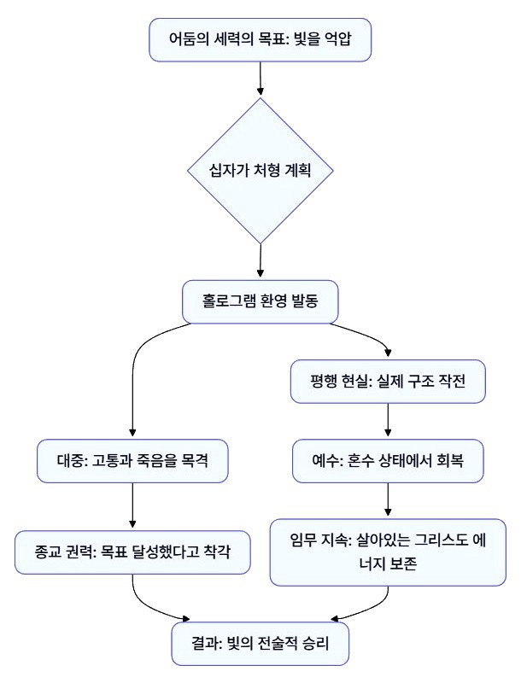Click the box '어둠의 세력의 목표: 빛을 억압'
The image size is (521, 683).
pyautogui.click(x=260, y=39)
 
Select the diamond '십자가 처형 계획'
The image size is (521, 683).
pyautogui.click(x=260, y=170)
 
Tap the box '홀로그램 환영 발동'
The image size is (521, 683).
pyautogui.click(x=260, y=301)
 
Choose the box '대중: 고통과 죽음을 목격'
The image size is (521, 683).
pyautogui.click(x=132, y=462)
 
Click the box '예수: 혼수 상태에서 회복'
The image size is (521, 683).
pyautogui.click(x=389, y=462)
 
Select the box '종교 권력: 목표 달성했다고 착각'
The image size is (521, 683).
pyautogui.click(x=132, y=552)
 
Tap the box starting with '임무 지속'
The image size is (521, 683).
pyautogui.click(x=389, y=552)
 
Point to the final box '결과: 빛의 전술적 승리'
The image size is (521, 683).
pyautogui.click(x=260, y=643)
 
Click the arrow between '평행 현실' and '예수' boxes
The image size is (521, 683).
pyautogui.click(x=389, y=421)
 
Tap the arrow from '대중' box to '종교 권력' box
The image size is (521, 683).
pyautogui.click(x=132, y=507)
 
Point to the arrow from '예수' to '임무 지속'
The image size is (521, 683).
pyautogui.click(x=389, y=500)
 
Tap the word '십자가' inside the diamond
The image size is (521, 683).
pyautogui.click(x=226, y=170)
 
